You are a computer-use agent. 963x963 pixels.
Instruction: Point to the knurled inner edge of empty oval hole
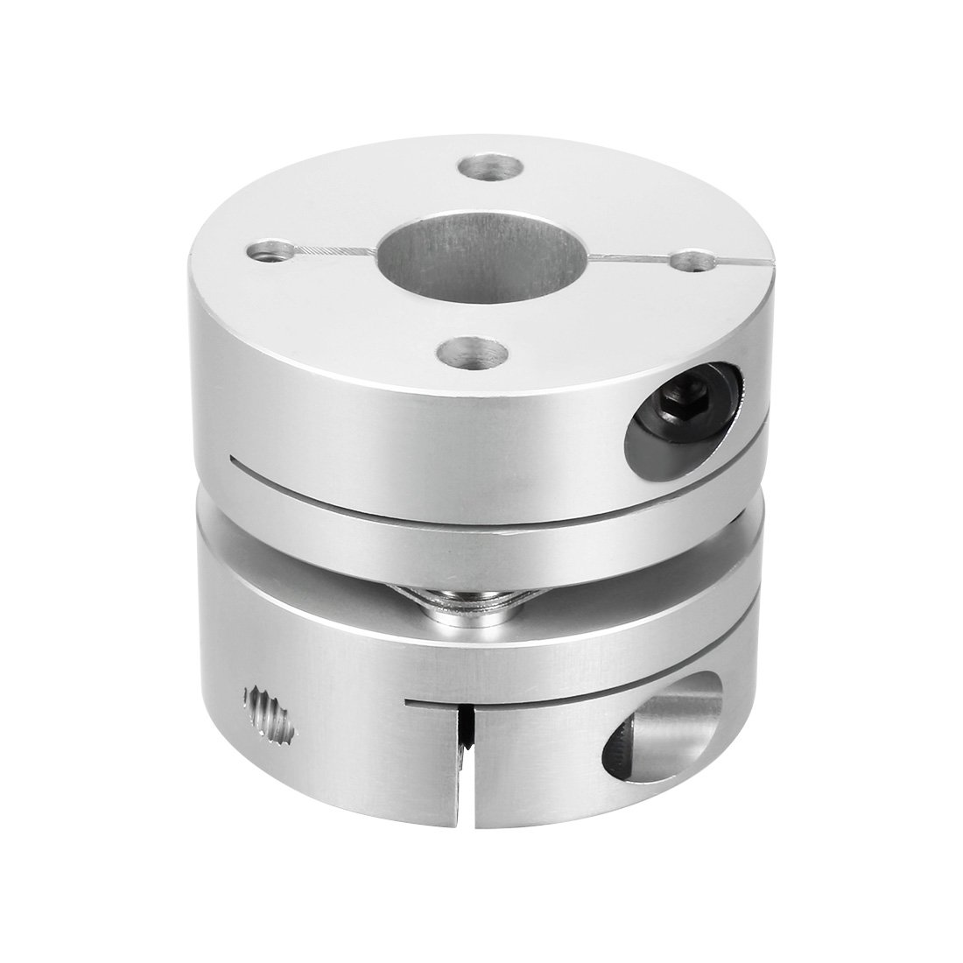pos(623,740)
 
